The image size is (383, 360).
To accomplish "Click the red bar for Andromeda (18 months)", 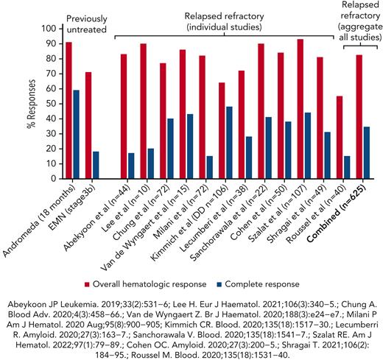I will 68,110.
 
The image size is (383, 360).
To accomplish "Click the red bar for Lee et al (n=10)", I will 144,111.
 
